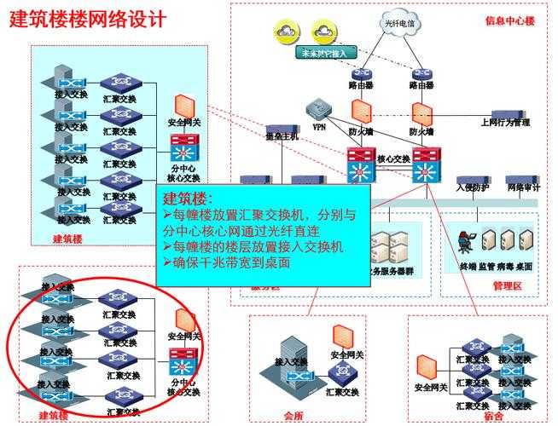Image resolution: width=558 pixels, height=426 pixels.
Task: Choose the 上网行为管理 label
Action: (x=504, y=123)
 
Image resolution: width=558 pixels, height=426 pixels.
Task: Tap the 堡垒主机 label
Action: (x=282, y=136)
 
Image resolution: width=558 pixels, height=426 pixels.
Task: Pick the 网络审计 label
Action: (x=522, y=187)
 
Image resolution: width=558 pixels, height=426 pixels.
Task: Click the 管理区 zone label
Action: (x=507, y=285)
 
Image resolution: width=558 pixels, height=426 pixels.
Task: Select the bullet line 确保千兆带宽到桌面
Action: (x=227, y=263)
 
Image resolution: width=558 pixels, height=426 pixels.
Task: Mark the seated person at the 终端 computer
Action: (x=467, y=241)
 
